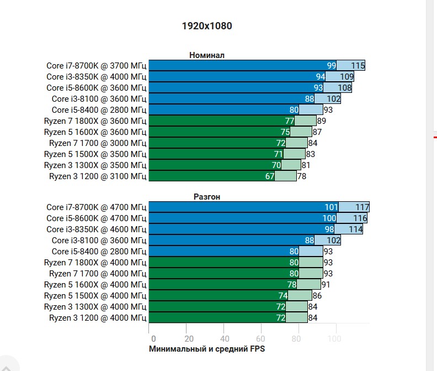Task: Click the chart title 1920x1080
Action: tap(207, 25)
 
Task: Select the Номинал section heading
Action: tap(207, 55)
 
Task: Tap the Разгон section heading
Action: tap(207, 196)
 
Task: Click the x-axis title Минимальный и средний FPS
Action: tap(207, 349)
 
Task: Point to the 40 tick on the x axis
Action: tap(224, 338)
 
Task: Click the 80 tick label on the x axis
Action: tap(298, 338)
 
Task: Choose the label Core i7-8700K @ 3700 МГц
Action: tap(96, 66)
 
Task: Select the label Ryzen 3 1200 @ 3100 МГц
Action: tap(98, 176)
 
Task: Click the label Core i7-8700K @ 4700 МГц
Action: tap(96, 207)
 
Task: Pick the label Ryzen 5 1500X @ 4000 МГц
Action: tap(95, 296)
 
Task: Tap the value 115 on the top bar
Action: tap(358, 66)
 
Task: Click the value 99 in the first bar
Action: tap(331, 66)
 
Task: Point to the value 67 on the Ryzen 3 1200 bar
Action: tap(270, 176)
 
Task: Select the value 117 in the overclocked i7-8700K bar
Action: tap(362, 207)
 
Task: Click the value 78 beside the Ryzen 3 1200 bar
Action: tap(302, 176)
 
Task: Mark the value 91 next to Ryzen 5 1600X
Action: tap(326, 285)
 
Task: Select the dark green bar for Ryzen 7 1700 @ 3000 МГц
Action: tap(215, 143)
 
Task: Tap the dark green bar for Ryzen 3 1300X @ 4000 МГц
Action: tap(215, 307)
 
